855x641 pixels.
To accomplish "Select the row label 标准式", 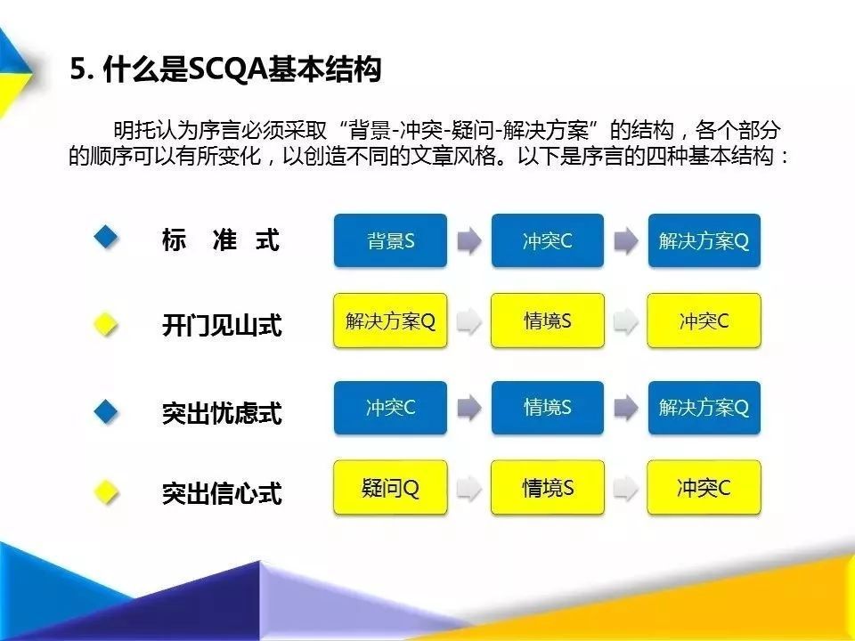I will click(221, 240).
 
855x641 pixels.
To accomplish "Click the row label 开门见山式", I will click(222, 326).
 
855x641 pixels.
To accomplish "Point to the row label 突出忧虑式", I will click(222, 413).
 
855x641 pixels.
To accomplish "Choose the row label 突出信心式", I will click(222, 492).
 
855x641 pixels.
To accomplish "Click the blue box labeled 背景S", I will click(390, 240).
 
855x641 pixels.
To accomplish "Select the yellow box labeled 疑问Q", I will click(390, 488).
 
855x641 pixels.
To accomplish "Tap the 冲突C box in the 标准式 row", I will click(547, 240).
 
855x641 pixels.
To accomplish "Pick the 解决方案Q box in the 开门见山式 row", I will click(390, 320).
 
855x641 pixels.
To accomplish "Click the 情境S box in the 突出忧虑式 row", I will click(547, 408).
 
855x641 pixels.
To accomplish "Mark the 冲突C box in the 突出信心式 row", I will click(704, 488).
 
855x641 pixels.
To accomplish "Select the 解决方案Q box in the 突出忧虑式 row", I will click(704, 408).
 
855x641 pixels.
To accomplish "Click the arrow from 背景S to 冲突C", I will click(468, 241).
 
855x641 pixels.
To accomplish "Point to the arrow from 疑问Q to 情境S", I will click(468, 488).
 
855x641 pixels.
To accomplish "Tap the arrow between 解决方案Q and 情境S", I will click(468, 321).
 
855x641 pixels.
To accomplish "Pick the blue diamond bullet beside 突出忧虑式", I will click(107, 410).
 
